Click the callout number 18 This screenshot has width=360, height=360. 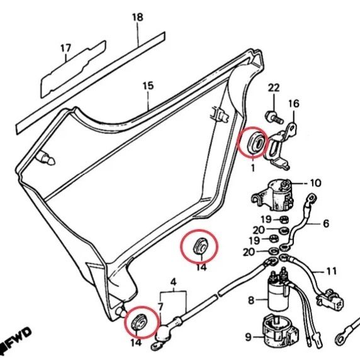(x=138, y=17)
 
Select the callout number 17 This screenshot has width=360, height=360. (x=66, y=48)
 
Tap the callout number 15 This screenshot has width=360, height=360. (x=148, y=86)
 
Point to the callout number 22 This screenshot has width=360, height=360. (x=274, y=88)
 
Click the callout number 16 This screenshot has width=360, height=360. (x=294, y=104)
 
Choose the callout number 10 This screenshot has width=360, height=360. (x=316, y=183)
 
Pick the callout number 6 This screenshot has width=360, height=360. (x=326, y=223)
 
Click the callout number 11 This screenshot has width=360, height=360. (x=331, y=271)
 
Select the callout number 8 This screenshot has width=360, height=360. (x=251, y=300)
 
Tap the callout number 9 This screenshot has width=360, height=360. (x=248, y=337)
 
